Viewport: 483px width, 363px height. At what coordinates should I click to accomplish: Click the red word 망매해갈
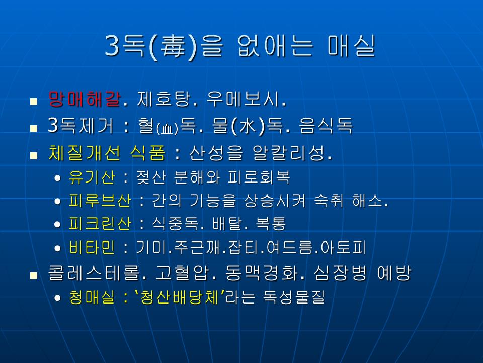85,99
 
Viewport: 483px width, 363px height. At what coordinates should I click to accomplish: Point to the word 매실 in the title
351,46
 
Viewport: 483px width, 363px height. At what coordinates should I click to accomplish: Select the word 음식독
326,126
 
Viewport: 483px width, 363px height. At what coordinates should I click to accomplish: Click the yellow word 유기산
92,177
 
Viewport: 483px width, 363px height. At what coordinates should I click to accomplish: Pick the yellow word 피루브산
100,201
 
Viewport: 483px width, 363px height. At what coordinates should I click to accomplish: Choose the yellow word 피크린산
100,224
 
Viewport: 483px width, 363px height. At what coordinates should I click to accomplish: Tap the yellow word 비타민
92,247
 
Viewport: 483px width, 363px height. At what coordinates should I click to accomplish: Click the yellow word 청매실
92,297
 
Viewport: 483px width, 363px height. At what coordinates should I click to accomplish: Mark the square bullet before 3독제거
34,128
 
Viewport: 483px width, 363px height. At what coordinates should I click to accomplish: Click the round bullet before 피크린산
57,224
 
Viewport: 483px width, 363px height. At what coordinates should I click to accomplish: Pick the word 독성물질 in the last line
294,297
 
